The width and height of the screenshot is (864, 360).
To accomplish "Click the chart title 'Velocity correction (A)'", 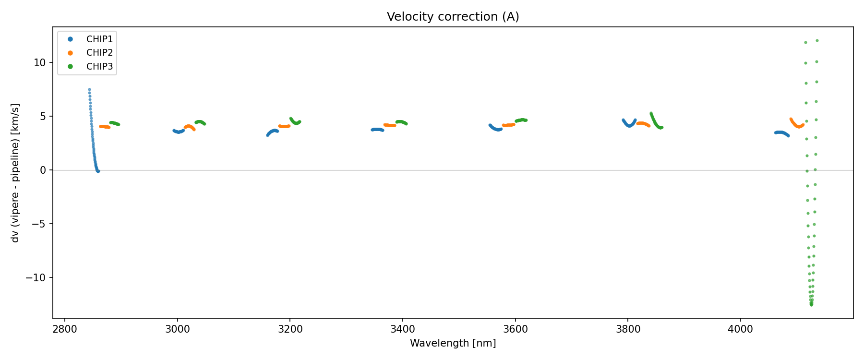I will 453,17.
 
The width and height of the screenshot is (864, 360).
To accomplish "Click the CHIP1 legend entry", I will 99,39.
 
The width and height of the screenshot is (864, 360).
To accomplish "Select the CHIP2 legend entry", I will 99,53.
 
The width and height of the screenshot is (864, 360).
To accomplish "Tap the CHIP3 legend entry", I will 99,67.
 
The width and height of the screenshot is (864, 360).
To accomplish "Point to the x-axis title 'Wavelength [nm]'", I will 453,343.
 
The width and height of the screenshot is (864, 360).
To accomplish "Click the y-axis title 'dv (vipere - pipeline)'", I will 15,173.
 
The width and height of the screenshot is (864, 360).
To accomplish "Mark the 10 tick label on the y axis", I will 40,63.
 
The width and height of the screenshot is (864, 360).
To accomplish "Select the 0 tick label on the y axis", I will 43,170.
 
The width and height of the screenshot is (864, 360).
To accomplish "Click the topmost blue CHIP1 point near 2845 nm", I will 89,90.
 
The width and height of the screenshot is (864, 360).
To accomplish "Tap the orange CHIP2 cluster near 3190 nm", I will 284,126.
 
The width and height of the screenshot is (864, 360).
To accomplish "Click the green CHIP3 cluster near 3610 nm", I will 521,120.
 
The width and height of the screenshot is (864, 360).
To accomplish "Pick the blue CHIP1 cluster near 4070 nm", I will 781,132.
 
